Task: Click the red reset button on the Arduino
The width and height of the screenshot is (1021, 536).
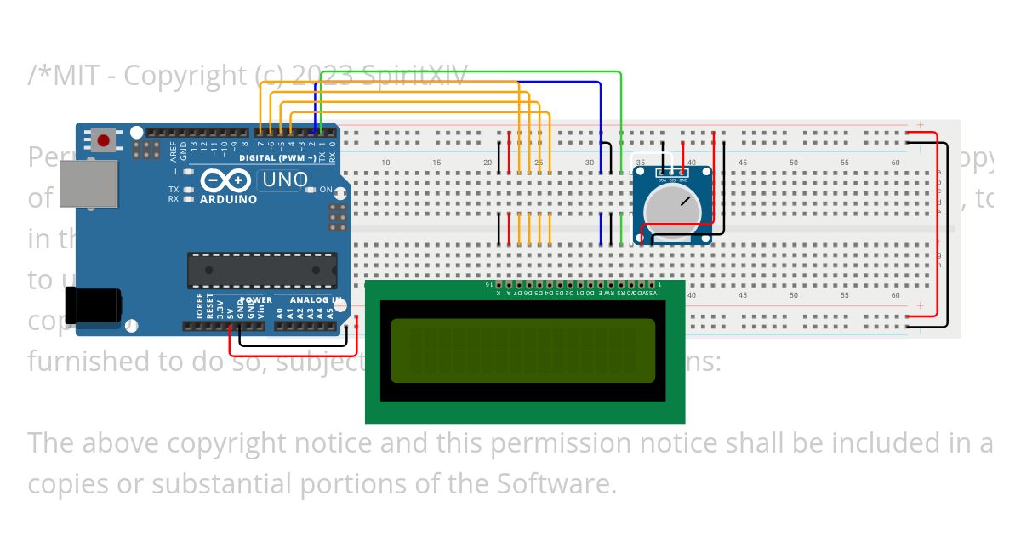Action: coord(105,140)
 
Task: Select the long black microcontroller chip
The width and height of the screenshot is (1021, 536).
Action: coord(262,270)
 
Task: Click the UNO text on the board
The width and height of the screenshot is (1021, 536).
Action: coord(285,180)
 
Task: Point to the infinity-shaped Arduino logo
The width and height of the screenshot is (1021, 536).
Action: coord(228,181)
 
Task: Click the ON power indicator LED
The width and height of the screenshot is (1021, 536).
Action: coord(311,189)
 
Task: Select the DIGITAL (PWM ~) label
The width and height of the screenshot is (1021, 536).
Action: coord(277,158)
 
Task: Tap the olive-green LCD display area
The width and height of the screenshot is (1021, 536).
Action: coord(523,351)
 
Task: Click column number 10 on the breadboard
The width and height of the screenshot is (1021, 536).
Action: coord(385,163)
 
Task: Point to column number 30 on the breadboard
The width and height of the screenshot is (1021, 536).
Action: coord(590,163)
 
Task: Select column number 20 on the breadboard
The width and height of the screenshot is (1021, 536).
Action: coord(488,163)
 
